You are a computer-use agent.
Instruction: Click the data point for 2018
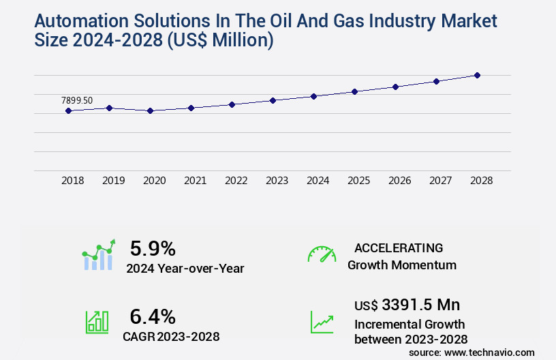point(68,110)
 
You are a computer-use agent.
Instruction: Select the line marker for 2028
point(477,75)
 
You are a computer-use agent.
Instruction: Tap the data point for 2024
point(313,96)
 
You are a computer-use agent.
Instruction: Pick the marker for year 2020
point(150,110)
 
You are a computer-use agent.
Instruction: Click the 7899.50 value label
point(77,100)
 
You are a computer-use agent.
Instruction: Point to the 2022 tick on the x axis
point(236,181)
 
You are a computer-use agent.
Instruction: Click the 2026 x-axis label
point(399,181)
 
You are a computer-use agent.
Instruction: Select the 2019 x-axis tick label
point(113,181)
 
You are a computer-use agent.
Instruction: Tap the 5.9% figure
point(153,247)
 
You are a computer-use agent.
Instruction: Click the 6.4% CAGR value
point(153,316)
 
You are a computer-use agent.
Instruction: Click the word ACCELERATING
point(399,247)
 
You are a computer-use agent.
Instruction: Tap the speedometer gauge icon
point(322,254)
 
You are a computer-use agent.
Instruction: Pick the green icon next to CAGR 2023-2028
point(97,322)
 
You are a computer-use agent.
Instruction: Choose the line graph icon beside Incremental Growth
point(322,322)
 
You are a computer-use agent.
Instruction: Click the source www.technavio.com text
point(472,352)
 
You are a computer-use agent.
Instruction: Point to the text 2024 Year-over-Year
point(185,269)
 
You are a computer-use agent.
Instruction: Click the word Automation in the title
point(76,22)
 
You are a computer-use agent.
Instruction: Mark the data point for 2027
point(436,81)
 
